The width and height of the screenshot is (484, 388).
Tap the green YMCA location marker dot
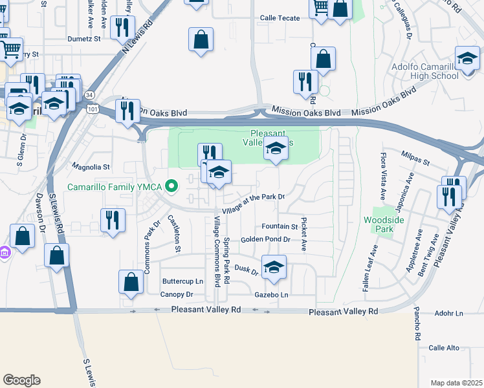[171, 187]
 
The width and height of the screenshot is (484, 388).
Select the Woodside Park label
[379, 225]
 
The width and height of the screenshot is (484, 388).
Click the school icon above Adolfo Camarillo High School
[467, 59]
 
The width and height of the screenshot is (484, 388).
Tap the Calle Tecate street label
[280, 18]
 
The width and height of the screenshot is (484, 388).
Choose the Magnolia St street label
[91, 166]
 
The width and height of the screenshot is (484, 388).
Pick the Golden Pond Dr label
[265, 239]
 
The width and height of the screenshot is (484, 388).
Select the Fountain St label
[280, 227]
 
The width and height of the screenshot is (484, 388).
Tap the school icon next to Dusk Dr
[274, 267]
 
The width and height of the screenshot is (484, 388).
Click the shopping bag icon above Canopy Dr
[131, 282]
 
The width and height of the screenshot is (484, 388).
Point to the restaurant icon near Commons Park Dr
[113, 219]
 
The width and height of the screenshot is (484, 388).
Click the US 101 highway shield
[93, 108]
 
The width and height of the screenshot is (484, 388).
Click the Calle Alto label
[444, 348]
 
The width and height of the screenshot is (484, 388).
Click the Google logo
[21, 380]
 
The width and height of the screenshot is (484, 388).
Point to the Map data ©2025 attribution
[456, 383]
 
